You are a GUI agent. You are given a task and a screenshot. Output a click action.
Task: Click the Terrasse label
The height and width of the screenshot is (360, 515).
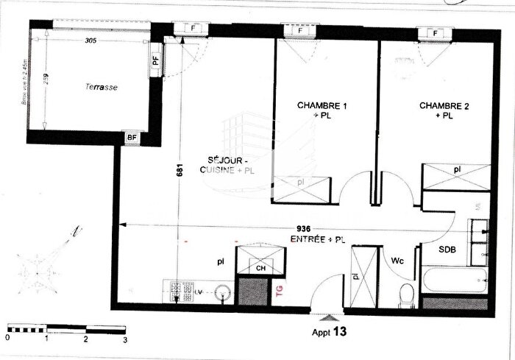pyautogui.click(x=102, y=87)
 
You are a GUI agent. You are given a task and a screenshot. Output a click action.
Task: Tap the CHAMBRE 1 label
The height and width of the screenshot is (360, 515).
pyautogui.click(x=322, y=106)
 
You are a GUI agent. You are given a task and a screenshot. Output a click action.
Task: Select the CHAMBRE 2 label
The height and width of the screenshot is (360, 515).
pyautogui.click(x=445, y=106)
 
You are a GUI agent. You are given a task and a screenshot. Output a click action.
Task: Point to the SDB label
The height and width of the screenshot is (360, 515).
pyautogui.click(x=448, y=250)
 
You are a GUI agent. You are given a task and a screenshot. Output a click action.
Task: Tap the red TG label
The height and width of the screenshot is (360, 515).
pyautogui.click(x=278, y=291)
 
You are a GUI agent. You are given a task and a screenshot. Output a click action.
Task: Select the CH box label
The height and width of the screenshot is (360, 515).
pyautogui.click(x=260, y=269)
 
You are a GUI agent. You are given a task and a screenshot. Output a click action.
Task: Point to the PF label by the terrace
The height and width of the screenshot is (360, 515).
pyautogui.click(x=155, y=61)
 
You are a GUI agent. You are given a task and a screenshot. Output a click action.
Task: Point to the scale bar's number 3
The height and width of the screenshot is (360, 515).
pyautogui.click(x=125, y=339)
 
